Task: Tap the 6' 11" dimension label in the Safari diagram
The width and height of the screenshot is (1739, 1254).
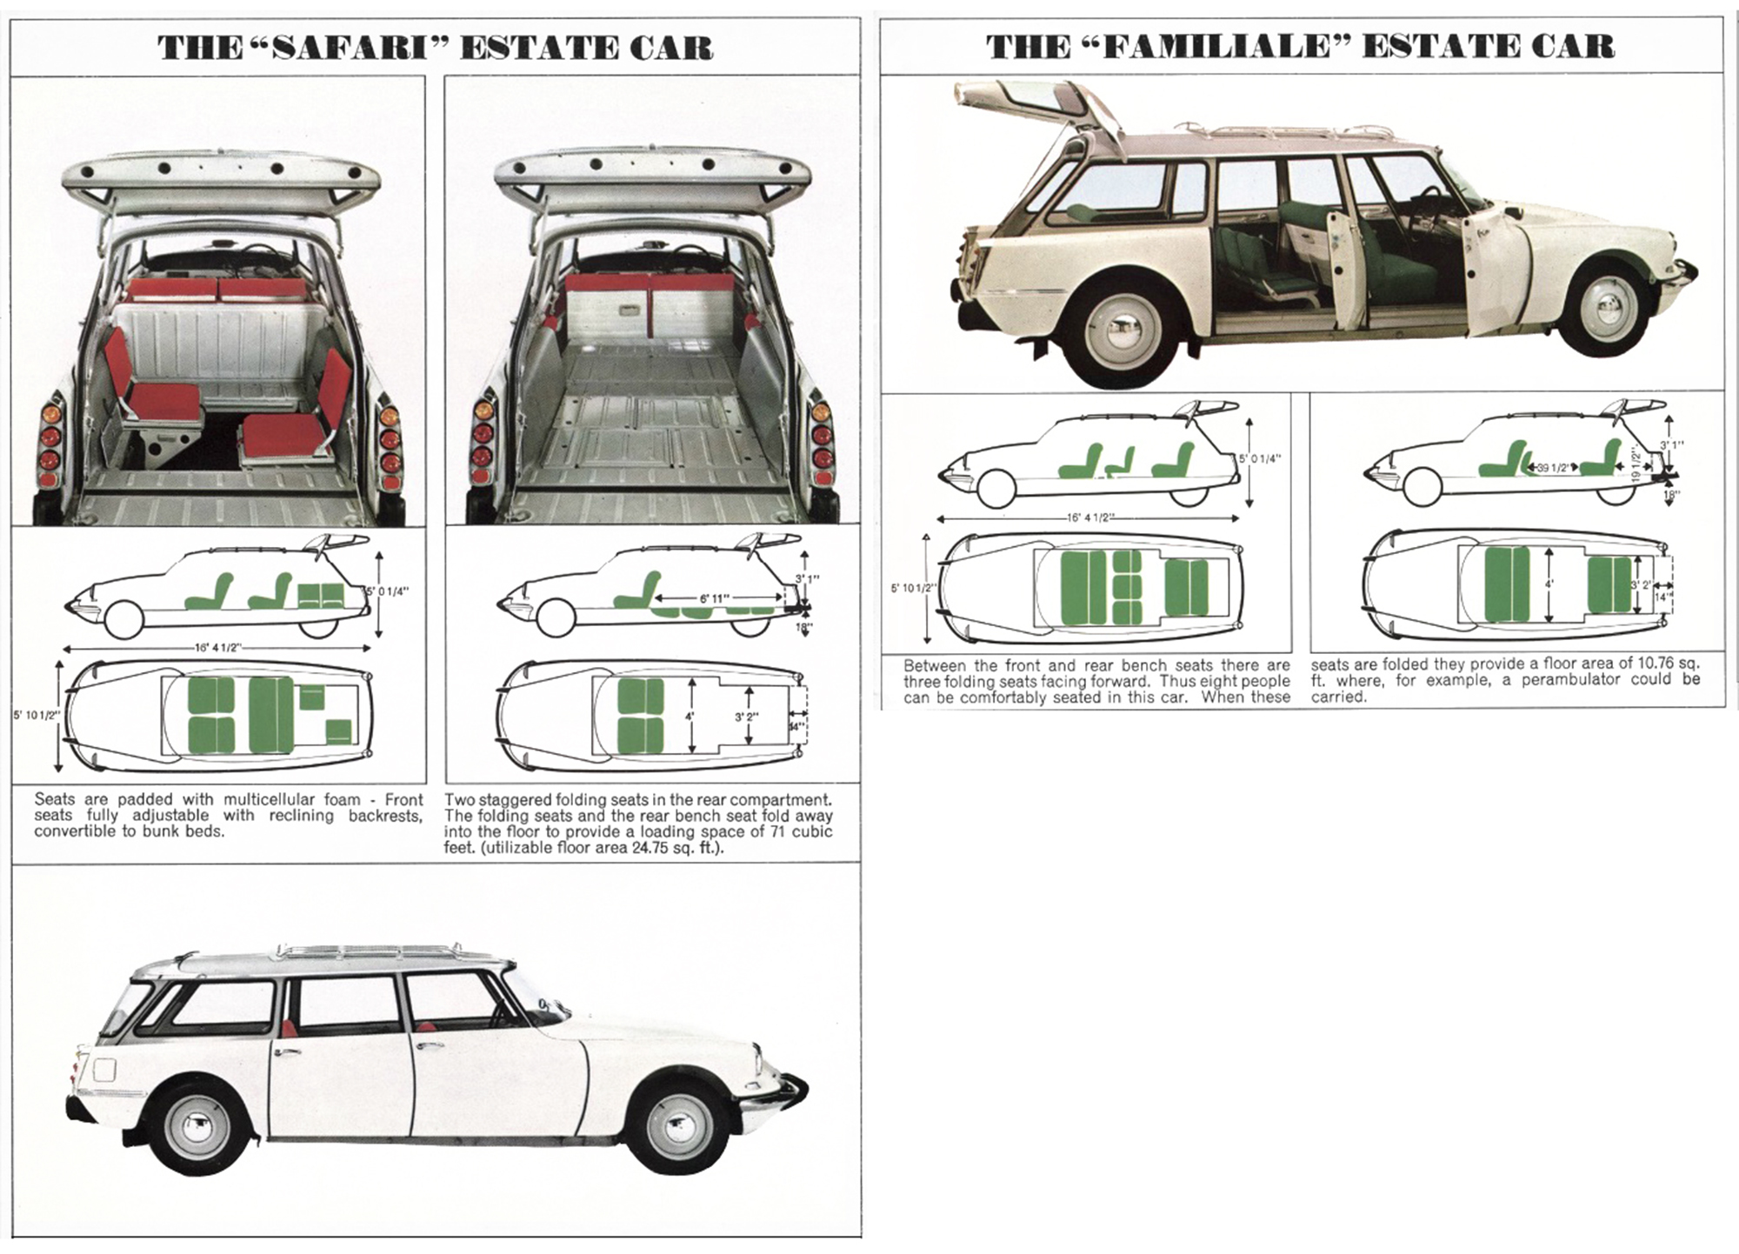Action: coord(715,599)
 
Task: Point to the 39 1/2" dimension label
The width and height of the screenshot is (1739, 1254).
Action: coord(1551,468)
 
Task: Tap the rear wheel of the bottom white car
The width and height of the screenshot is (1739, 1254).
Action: coord(198,1129)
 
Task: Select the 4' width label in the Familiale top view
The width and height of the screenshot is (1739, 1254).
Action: coord(1549,585)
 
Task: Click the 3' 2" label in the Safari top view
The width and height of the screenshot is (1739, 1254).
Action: coord(747,717)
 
